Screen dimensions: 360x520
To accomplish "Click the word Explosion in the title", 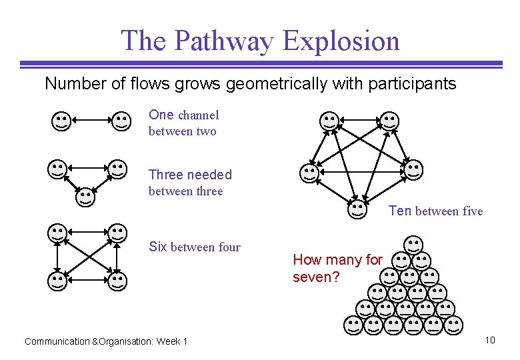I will (x=341, y=41).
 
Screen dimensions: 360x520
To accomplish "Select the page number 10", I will (x=490, y=341).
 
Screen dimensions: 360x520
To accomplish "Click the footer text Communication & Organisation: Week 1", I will (x=106, y=341).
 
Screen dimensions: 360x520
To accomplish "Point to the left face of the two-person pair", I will (x=61, y=121).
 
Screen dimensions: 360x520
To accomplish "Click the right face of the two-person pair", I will (x=121, y=121).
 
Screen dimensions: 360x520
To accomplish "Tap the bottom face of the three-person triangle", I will (x=85, y=196).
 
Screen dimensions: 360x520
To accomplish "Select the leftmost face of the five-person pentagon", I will (x=309, y=173).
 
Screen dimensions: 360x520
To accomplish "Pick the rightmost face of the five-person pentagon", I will (x=413, y=169).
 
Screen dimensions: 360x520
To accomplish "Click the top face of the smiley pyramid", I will (x=413, y=245).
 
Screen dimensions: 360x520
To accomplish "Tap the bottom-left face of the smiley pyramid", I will (x=353, y=324).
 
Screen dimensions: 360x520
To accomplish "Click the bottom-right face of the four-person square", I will (x=117, y=280).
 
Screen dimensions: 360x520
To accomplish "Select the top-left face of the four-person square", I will (x=58, y=233).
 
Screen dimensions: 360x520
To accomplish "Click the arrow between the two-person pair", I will (x=91, y=121).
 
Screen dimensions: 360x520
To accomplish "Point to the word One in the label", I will (x=161, y=115).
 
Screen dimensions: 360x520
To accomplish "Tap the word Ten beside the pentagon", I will (x=400, y=211).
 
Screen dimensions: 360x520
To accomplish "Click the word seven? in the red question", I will (x=316, y=277).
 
